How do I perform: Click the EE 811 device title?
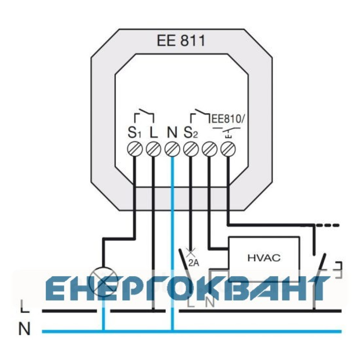pyautogui.click(x=181, y=41)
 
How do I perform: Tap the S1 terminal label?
pyautogui.click(x=134, y=133)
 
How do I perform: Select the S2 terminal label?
pyautogui.click(x=190, y=133)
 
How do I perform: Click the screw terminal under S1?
pyautogui.click(x=135, y=149)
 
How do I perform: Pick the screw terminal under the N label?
pyautogui.click(x=172, y=149)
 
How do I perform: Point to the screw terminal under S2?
pyautogui.click(x=191, y=149)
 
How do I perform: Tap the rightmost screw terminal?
pyautogui.click(x=228, y=149)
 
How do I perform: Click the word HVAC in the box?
pyautogui.click(x=264, y=258)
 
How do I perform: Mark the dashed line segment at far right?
pyautogui.click(x=327, y=225)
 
